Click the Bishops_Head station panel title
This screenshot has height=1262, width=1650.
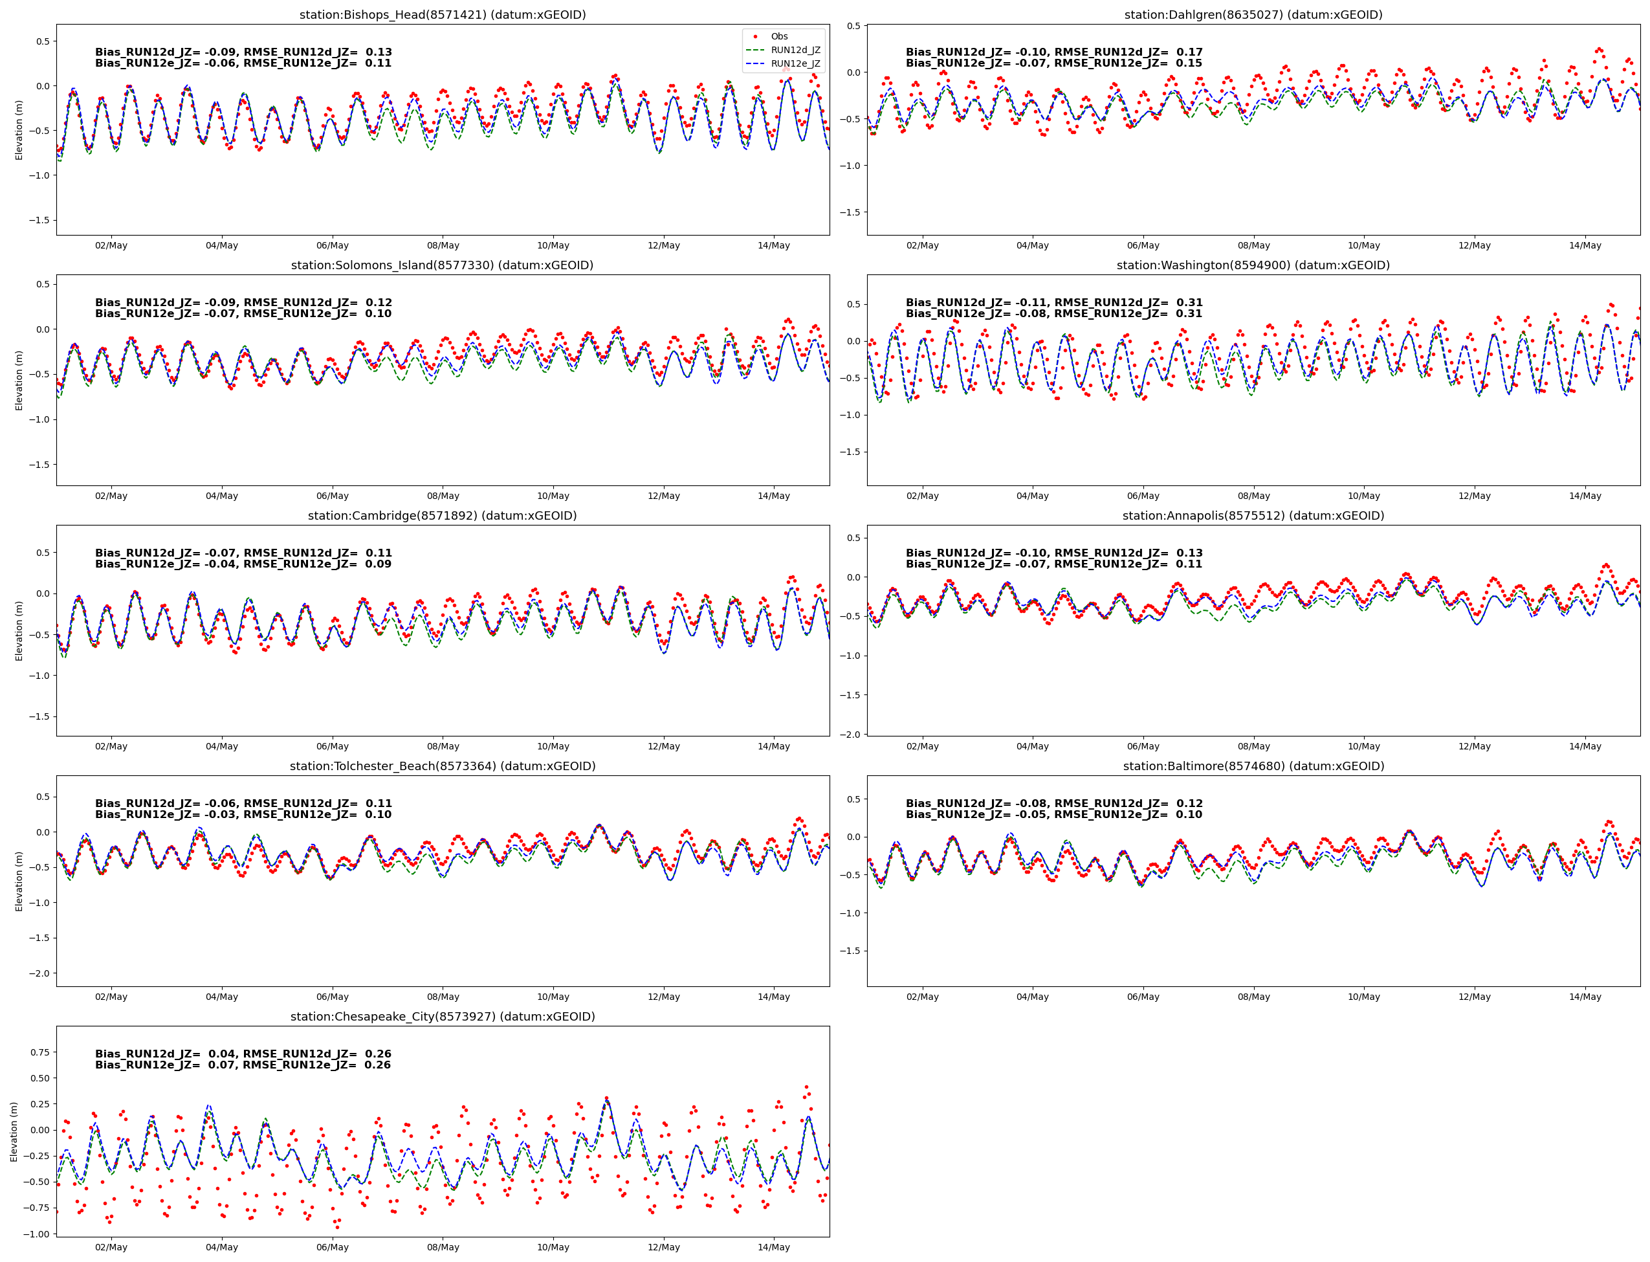[443, 15]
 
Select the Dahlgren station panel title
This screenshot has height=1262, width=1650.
[1253, 15]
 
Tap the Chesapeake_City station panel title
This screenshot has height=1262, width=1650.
[443, 1016]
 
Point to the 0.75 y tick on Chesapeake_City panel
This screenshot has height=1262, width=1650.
[40, 1052]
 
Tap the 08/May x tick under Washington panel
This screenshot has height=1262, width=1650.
[1253, 496]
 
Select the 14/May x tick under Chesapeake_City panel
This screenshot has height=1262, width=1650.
[773, 1247]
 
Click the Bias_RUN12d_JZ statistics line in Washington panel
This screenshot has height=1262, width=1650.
[1053, 303]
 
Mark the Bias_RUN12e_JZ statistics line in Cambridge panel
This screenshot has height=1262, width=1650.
[243, 564]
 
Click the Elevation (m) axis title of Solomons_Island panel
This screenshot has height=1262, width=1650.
[19, 380]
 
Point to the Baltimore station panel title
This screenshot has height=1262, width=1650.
[1253, 766]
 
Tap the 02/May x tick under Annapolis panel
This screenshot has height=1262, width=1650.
[922, 746]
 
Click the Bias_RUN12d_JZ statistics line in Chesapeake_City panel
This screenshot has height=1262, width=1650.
[243, 1054]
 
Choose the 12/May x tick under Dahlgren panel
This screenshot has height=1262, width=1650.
[1474, 246]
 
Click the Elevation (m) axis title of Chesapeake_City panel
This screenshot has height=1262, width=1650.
[14, 1131]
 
